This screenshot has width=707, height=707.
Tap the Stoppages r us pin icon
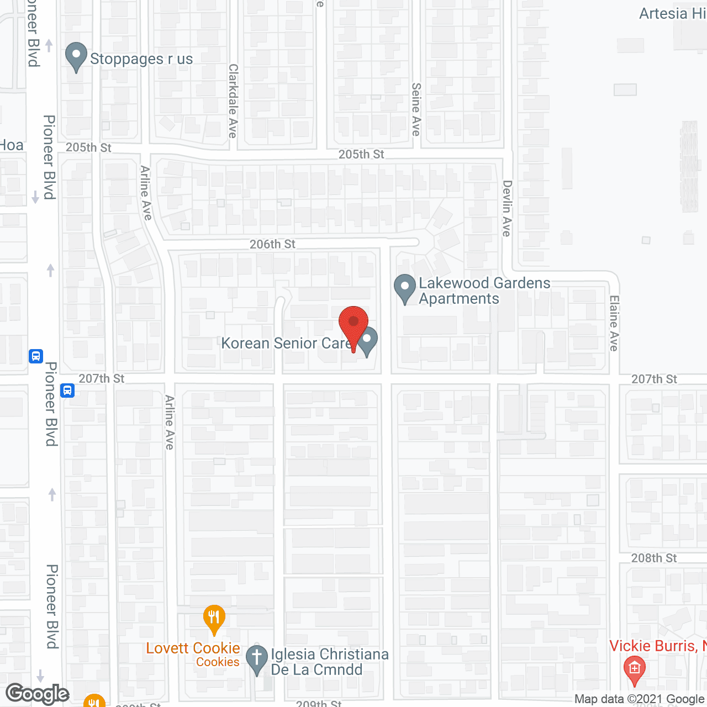[x=76, y=56]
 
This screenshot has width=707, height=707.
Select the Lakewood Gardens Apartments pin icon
[x=405, y=288]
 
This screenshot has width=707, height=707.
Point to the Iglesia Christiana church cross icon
[x=256, y=659]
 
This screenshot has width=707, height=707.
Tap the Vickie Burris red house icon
[x=634, y=670]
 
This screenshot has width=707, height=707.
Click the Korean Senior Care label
[x=286, y=343]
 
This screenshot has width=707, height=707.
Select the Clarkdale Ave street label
[x=233, y=101]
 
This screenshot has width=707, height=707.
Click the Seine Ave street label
[x=416, y=109]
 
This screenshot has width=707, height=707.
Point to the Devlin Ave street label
[x=507, y=208]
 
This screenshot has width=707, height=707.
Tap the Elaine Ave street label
[x=614, y=324]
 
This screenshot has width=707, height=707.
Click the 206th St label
[x=272, y=244]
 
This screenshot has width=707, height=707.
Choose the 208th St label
[x=654, y=558]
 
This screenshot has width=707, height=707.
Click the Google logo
[x=38, y=694]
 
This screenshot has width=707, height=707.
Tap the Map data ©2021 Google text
[x=640, y=699]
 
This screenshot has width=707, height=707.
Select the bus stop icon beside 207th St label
[x=67, y=391]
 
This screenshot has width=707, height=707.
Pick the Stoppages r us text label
[x=141, y=59]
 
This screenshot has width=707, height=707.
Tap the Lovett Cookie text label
[x=193, y=648]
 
